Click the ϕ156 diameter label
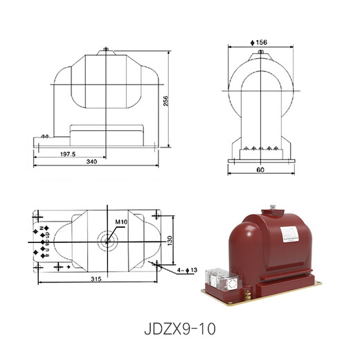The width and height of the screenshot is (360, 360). click(x=259, y=42)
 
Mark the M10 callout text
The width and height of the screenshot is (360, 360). click(x=121, y=222)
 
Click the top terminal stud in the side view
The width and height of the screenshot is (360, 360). click(x=105, y=49)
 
